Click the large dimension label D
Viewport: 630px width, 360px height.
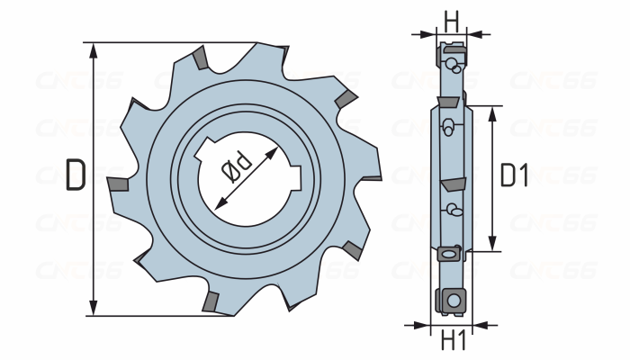click(x=76, y=175)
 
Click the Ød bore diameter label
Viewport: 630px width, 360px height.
click(x=237, y=166)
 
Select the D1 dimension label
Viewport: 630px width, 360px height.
click(x=514, y=175)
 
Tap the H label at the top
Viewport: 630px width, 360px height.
click(x=451, y=22)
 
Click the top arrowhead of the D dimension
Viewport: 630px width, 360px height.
click(x=94, y=51)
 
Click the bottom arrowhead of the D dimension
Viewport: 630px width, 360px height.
click(x=94, y=308)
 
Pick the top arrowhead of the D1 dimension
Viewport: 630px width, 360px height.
click(x=493, y=114)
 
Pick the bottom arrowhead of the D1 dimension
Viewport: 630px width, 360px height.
click(x=493, y=243)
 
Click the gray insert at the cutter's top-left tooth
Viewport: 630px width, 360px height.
click(x=200, y=58)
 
